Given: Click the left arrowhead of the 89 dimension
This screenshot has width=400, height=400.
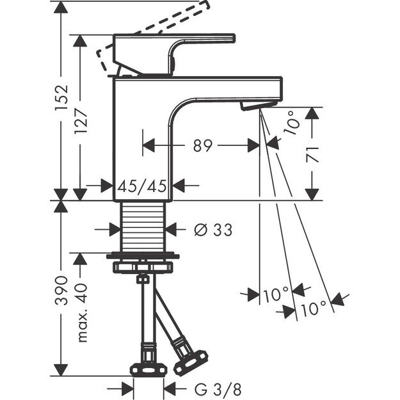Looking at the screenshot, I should [x=148, y=146].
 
